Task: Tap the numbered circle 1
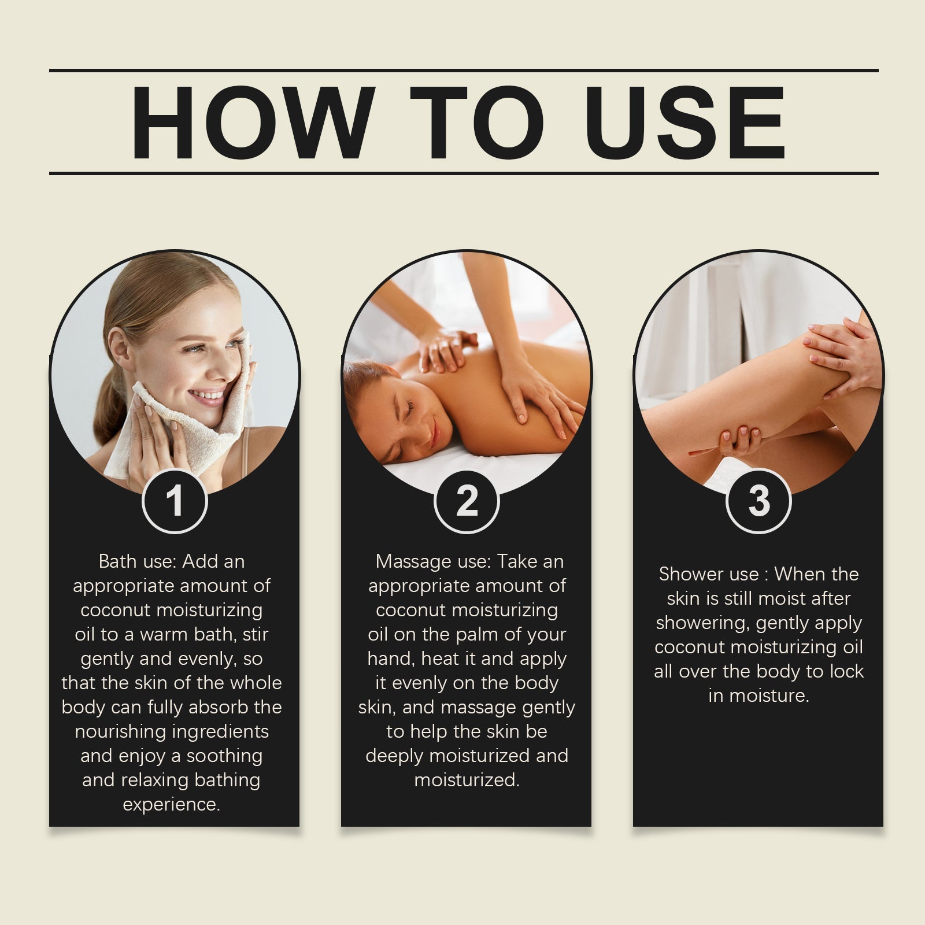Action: [x=174, y=501]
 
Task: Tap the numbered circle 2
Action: [x=467, y=501]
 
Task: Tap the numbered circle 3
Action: [x=758, y=501]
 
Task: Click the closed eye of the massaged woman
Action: [x=409, y=409]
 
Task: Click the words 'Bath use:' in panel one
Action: [x=138, y=561]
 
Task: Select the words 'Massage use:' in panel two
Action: [x=434, y=561]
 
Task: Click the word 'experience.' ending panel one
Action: [x=172, y=805]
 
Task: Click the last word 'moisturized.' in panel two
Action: [x=467, y=780]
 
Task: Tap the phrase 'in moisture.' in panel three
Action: [x=758, y=695]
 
